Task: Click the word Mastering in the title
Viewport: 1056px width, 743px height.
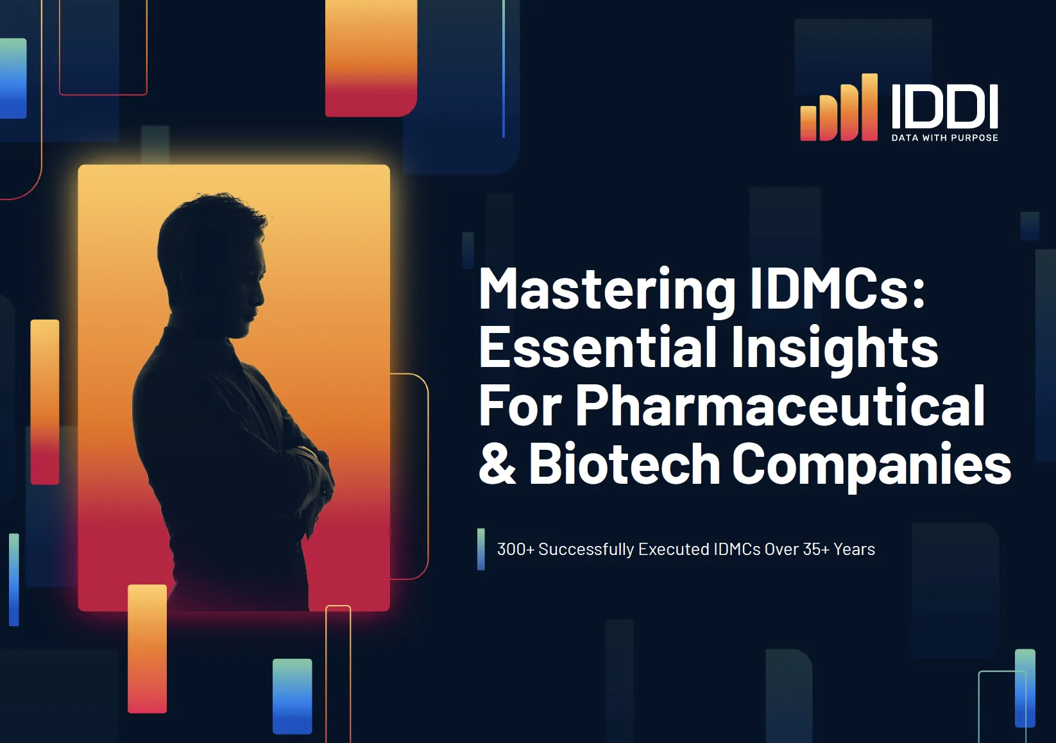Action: click(x=607, y=290)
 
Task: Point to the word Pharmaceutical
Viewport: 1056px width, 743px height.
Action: click(x=779, y=406)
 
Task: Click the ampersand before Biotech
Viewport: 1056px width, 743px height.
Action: click(x=497, y=464)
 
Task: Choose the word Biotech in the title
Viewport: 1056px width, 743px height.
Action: click(x=624, y=464)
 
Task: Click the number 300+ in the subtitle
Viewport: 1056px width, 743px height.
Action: click(x=515, y=549)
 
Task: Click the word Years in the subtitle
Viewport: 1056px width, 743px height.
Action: click(x=854, y=549)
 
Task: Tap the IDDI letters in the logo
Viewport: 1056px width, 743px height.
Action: click(x=944, y=106)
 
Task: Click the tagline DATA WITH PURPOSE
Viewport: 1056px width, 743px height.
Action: click(x=944, y=138)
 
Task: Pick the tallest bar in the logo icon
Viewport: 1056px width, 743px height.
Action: click(x=869, y=107)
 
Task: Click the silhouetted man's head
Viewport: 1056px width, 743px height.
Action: click(x=212, y=257)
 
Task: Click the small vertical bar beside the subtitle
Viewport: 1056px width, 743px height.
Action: click(x=481, y=549)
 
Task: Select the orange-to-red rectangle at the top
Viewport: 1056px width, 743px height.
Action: click(x=371, y=58)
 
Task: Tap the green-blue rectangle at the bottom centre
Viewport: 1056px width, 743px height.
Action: click(x=292, y=696)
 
